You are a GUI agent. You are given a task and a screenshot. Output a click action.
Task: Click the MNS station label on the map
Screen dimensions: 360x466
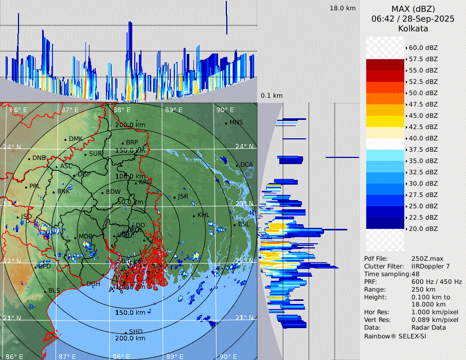point(236,122)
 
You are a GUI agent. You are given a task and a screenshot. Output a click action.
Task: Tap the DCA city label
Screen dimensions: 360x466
point(247,165)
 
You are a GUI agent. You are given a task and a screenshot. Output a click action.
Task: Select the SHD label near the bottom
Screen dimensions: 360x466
point(136,332)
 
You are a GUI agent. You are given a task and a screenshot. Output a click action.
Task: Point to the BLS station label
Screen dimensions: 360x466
point(55,291)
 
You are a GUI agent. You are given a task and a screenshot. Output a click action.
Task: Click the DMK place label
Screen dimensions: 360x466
point(76,139)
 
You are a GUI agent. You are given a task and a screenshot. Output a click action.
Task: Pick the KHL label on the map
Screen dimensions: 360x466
point(204,215)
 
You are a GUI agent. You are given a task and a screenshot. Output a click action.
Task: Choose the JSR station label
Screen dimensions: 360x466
point(183,196)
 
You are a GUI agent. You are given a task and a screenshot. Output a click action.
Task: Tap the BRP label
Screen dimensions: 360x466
point(132,142)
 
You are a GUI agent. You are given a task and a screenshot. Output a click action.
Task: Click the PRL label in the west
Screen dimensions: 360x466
point(34,186)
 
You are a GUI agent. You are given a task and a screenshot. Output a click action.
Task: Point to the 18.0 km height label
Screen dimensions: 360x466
point(343,8)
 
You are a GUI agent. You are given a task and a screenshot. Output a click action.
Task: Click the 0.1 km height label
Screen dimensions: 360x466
point(272,96)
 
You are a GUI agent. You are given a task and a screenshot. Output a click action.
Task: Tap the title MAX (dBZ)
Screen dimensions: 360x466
point(413,9)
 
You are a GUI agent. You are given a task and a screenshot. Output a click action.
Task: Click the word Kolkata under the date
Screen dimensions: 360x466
point(413,29)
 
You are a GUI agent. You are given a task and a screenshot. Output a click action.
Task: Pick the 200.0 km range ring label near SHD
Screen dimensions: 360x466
point(130,338)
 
